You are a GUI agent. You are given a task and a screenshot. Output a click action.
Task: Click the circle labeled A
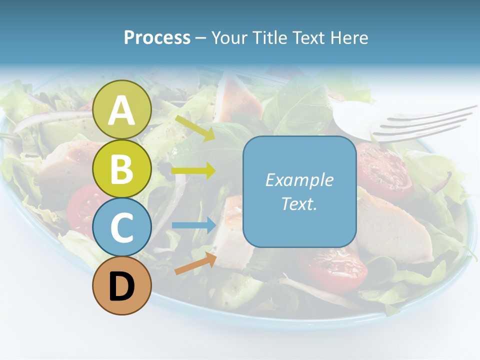coord(121,109)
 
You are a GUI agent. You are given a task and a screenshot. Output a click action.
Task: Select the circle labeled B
coord(121,168)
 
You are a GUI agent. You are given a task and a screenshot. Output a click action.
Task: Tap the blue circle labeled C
coord(121,227)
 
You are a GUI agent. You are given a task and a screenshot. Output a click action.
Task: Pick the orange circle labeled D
coord(121,285)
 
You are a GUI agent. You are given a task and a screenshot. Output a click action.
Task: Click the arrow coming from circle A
coord(195,128)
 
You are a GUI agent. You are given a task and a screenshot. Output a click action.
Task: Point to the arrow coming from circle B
coord(193,170)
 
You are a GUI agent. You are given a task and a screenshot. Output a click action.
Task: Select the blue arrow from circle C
coord(193,225)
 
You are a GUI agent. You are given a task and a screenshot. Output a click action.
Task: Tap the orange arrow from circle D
coord(195,263)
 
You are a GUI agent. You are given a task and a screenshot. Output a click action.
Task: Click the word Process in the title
coord(157,37)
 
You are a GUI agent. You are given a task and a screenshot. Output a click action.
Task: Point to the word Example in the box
coord(299,180)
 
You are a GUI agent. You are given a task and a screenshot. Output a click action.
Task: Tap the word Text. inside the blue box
coord(299,203)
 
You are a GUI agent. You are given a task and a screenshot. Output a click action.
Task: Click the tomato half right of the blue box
coord(382,170)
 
